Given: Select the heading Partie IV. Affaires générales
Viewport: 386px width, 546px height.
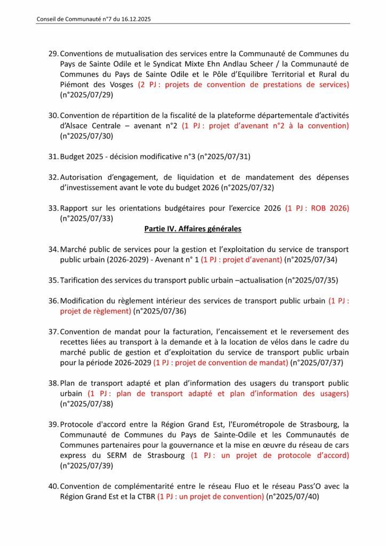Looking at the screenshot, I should click(192, 229).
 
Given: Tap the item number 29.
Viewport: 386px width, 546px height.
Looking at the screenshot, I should click(53, 54).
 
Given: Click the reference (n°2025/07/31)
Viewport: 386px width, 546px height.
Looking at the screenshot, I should click(224, 156).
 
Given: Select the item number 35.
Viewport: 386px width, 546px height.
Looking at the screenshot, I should click(53, 280).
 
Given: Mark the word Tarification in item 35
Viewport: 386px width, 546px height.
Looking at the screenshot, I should click(80, 280).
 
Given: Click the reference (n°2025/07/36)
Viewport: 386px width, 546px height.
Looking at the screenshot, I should click(159, 311).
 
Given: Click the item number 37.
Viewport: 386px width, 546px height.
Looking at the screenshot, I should click(53, 332).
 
